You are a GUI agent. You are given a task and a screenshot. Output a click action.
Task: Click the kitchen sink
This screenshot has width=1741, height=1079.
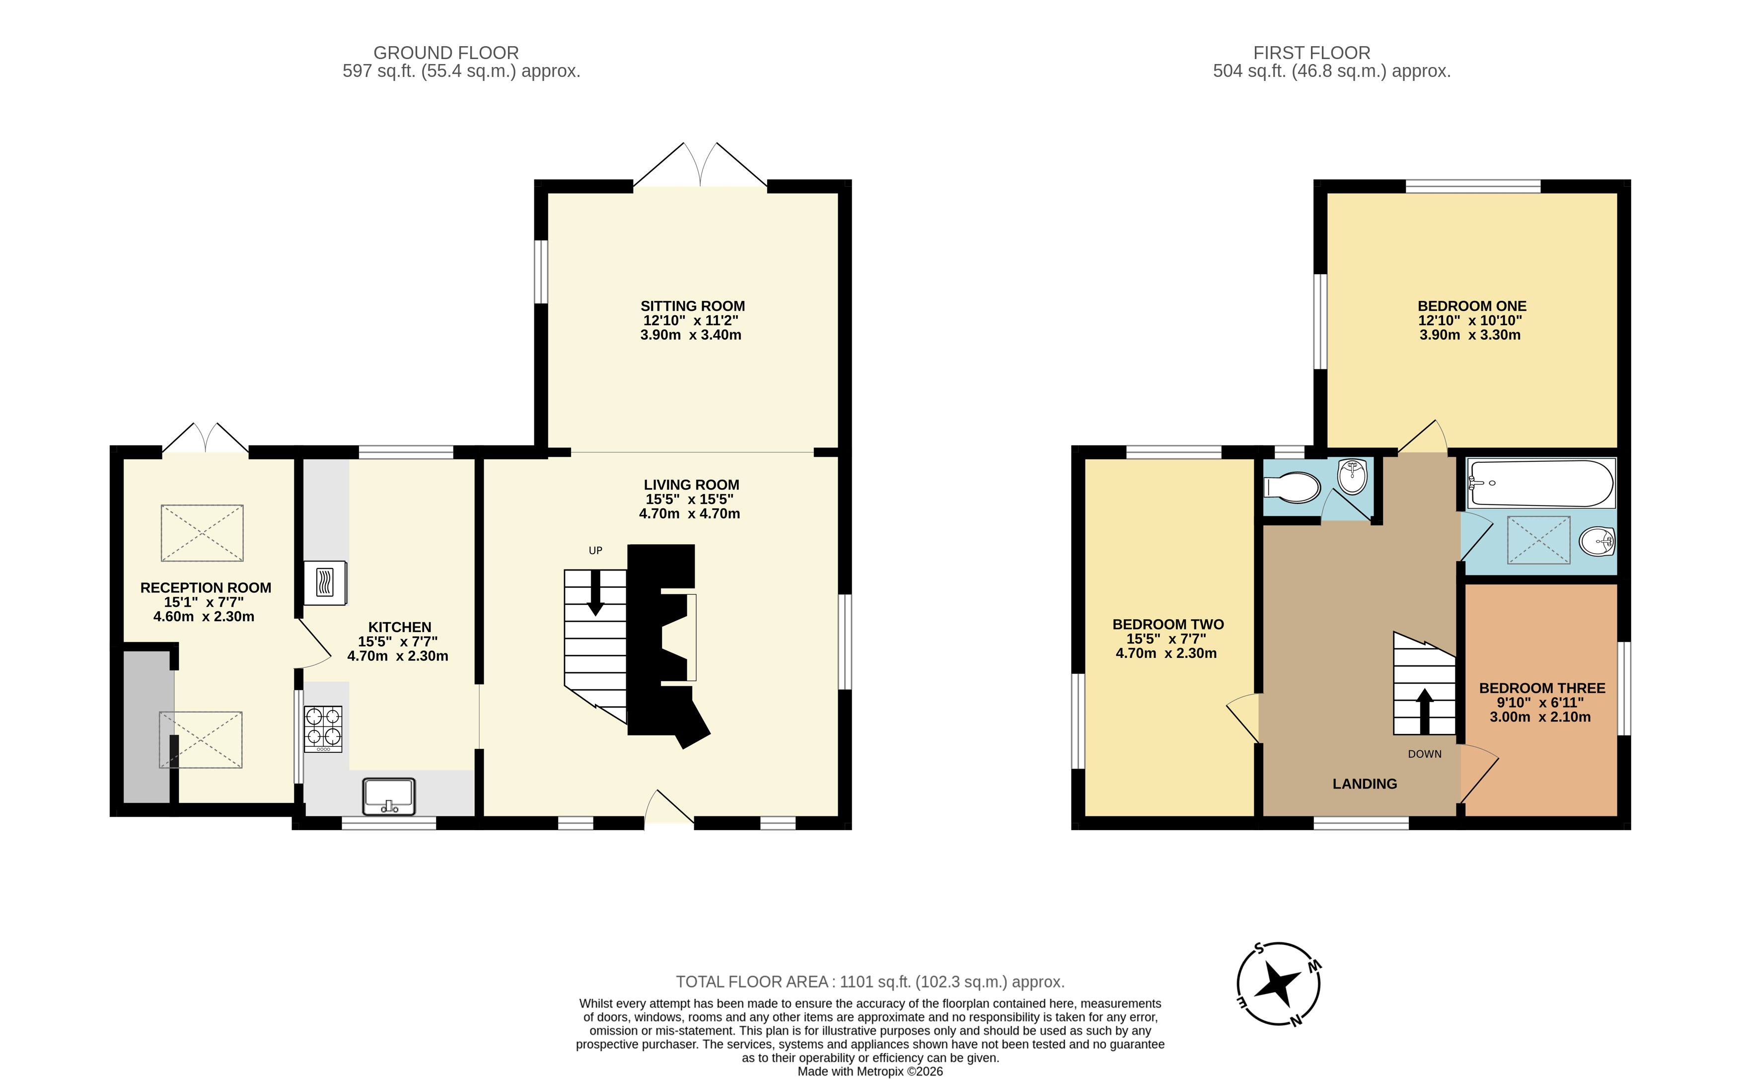(x=388, y=795)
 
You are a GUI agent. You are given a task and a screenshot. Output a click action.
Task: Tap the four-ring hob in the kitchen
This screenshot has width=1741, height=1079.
(x=323, y=728)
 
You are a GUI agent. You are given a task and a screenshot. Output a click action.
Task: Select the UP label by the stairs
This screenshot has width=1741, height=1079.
(x=595, y=550)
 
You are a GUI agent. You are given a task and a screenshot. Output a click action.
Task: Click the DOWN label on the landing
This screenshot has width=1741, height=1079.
(x=1424, y=754)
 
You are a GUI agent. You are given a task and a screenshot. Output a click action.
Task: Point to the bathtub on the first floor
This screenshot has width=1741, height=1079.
(x=1540, y=483)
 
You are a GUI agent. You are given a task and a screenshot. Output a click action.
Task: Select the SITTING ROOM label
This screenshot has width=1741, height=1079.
(x=692, y=306)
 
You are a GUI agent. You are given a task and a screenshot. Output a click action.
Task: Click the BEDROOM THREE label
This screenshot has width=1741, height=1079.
(x=1542, y=688)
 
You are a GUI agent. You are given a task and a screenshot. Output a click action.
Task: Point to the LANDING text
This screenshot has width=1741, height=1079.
(x=1364, y=784)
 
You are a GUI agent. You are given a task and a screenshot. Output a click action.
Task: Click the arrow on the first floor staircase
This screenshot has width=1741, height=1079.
(x=1424, y=710)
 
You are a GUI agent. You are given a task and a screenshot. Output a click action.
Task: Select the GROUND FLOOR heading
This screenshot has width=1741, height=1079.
(x=446, y=53)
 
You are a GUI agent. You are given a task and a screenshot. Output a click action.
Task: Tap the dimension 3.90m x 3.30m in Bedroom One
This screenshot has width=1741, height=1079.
(x=1470, y=335)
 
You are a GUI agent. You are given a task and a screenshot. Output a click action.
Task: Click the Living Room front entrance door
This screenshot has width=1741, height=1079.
(x=668, y=809)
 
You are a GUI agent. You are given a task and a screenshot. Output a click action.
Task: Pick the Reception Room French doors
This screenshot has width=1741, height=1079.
(x=206, y=438)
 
